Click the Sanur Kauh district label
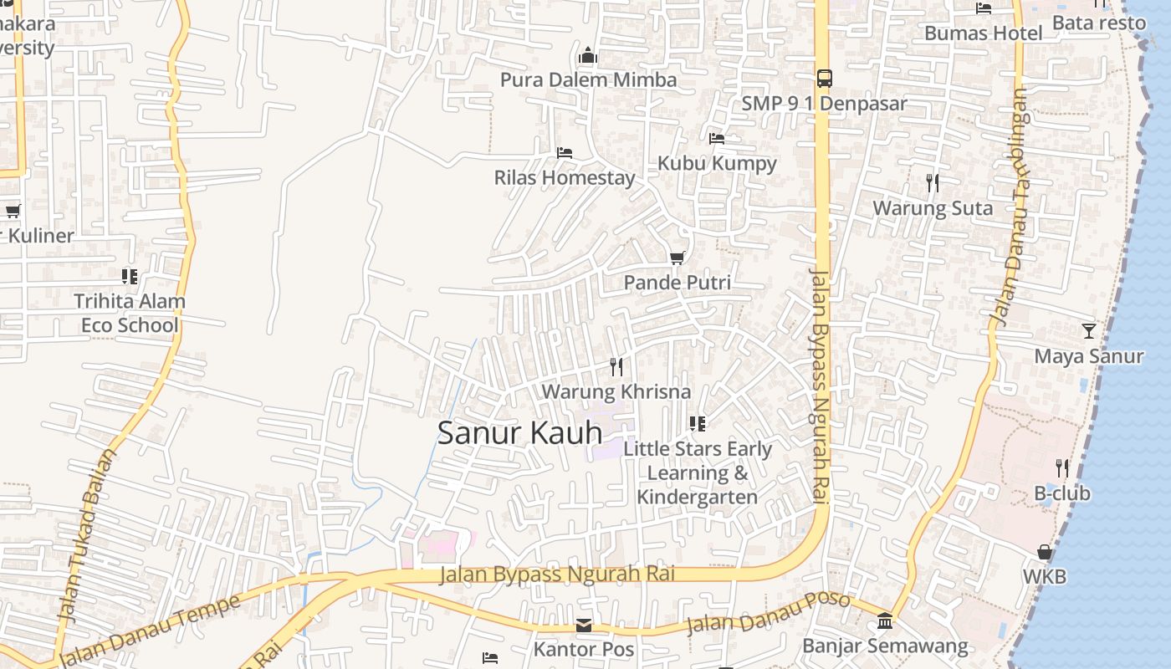click(519, 432)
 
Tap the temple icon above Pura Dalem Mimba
click(588, 56)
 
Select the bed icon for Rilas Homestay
click(565, 153)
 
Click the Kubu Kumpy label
click(717, 163)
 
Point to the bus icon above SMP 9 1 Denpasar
click(824, 79)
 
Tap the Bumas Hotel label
click(983, 33)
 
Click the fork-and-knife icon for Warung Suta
click(933, 182)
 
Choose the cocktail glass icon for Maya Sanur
click(1088, 331)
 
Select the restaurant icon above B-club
click(1062, 467)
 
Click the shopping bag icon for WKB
click(1045, 552)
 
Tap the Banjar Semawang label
click(885, 646)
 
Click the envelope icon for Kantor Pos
click(584, 626)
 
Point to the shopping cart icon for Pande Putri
click(677, 258)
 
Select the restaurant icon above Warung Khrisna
click(616, 366)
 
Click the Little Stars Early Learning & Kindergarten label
click(698, 472)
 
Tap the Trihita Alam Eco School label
click(130, 313)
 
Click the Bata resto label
click(1098, 23)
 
